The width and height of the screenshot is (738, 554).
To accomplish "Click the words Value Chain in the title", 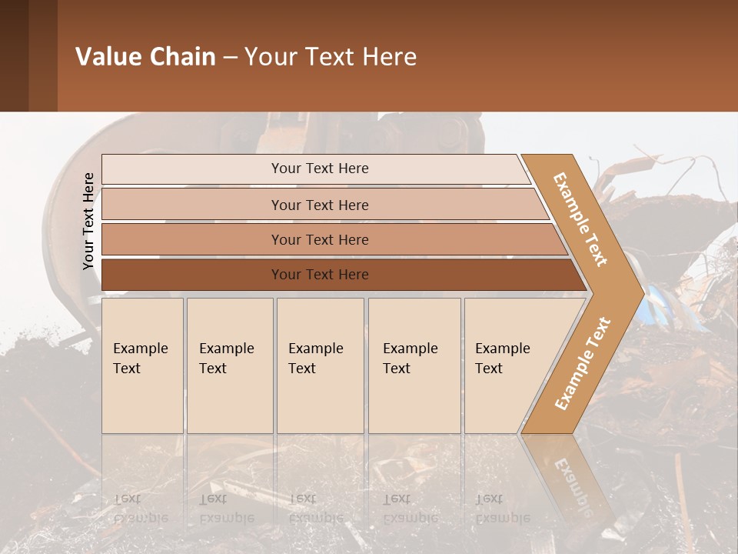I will coord(145,57).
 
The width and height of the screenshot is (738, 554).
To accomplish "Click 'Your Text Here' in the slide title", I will coord(331,57).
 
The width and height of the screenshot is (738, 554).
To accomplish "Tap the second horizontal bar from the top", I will coord(320,205).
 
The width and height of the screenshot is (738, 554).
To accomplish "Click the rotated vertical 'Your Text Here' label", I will coord(88,221).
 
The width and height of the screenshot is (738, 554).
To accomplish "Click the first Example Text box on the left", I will coord(142,365).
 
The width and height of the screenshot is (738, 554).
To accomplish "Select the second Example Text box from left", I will coord(229,365).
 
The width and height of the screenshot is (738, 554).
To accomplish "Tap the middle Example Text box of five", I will coord(320,365).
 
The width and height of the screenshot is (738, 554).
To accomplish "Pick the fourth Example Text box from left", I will coord(414,365).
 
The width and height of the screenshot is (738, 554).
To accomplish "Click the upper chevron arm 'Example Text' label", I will coord(580,219).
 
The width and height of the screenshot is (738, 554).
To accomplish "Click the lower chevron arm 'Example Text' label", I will coord(583,364).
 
